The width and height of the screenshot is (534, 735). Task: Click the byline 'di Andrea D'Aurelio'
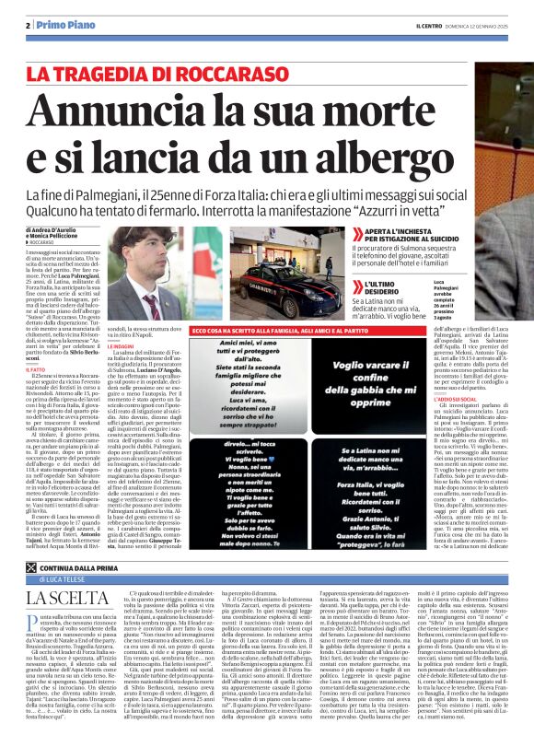56,228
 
